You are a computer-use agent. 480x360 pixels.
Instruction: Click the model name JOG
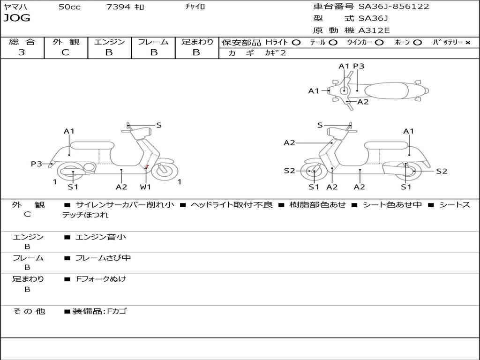coord(17,18)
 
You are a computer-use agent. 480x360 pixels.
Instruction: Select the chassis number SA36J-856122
coord(394,7)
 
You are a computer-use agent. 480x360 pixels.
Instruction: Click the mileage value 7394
coord(119,7)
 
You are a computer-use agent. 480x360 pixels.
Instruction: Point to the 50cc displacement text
coord(69,7)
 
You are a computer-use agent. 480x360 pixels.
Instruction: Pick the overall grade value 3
coord(22,52)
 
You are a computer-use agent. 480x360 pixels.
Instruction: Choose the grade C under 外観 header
coord(65,52)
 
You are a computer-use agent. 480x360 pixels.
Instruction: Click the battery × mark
coord(468,43)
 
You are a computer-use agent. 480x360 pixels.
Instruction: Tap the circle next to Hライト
coord(296,43)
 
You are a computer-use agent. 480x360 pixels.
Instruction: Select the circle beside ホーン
coord(417,43)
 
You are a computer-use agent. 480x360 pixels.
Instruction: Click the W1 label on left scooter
coord(145,187)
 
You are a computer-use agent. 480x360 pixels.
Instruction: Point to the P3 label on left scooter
coord(37,164)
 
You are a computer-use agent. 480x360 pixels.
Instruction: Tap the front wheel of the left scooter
coord(165,171)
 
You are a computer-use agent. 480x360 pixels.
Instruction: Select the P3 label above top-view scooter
coord(359,66)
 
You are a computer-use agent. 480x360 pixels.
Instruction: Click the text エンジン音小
coord(100,237)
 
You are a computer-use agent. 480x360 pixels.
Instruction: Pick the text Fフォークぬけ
coord(101,279)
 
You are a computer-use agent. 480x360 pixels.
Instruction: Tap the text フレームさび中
coord(103,258)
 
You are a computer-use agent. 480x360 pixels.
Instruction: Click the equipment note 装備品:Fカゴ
coord(99,311)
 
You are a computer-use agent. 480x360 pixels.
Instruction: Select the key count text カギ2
coord(276,53)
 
